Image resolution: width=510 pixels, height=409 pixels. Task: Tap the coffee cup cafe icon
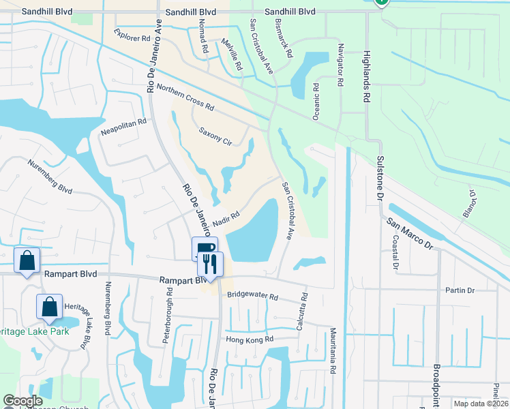coord(205,248)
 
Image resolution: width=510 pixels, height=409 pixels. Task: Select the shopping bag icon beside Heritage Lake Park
coord(50,307)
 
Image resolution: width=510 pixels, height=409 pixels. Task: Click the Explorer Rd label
coord(132,35)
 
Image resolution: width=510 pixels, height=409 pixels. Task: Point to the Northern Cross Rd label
coord(185,98)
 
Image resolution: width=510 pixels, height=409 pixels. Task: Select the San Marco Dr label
coord(410,233)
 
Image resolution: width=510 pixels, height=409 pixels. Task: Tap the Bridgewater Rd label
coord(253,297)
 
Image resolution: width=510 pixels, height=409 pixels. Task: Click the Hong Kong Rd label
coord(250,339)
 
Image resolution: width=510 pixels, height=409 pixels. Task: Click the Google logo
coord(22,401)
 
